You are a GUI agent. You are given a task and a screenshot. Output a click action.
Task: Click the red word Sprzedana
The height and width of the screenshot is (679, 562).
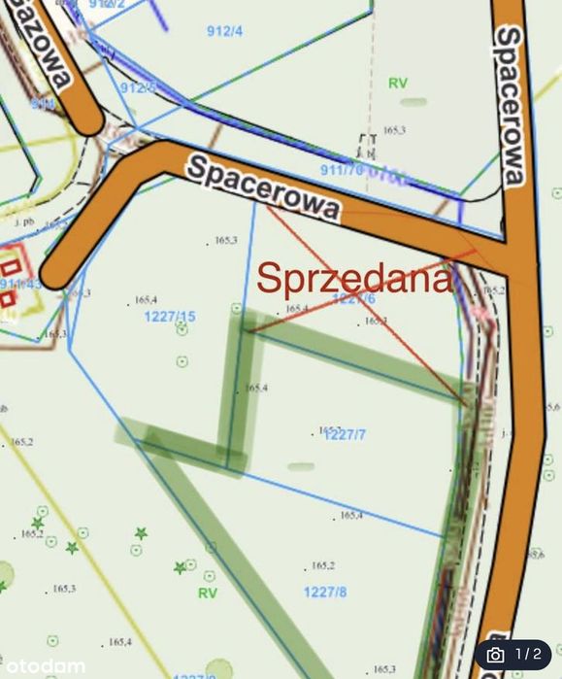tap(355, 278)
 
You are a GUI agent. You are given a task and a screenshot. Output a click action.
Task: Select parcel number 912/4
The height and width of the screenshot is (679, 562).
tap(224, 30)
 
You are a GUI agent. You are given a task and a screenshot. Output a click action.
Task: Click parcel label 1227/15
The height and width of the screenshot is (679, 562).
tap(170, 317)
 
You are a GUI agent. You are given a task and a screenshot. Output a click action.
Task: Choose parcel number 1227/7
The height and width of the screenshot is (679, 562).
tap(345, 434)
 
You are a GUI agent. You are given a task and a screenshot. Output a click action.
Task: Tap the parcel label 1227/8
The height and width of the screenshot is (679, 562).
tap(325, 591)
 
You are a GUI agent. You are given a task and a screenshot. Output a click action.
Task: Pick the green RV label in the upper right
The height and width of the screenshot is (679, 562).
tap(397, 84)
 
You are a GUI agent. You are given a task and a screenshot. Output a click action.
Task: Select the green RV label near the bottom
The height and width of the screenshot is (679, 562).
tap(208, 593)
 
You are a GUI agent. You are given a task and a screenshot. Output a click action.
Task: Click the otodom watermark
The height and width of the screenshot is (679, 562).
tap(43, 666)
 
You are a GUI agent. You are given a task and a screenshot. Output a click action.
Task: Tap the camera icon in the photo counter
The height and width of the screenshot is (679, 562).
tap(495, 655)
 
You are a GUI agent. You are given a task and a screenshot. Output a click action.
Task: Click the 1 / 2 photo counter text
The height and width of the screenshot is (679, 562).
tap(529, 655)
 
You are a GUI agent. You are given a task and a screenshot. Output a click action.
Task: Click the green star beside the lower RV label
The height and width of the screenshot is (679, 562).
tap(180, 567)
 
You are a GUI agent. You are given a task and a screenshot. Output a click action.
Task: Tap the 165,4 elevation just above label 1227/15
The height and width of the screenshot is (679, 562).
tap(147, 299)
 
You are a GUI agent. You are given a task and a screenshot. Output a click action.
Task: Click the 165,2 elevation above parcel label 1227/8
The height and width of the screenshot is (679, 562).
tap(322, 566)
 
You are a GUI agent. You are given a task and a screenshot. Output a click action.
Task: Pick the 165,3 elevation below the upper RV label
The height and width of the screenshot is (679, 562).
tap(393, 129)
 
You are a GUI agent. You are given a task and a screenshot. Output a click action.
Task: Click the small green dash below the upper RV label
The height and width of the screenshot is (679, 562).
tap(413, 101)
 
